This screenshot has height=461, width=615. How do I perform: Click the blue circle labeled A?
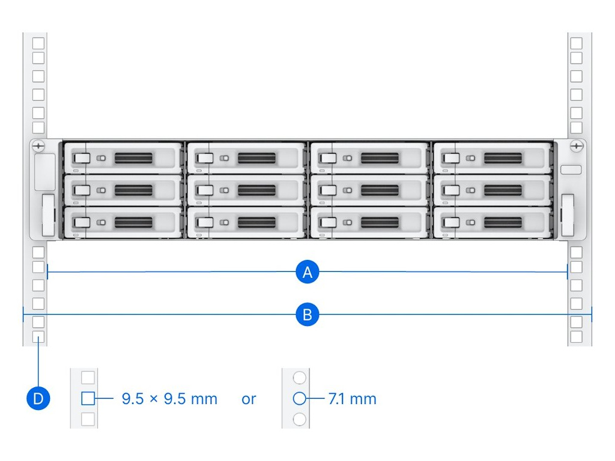coord(307,272)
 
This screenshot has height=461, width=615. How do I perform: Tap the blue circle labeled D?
coord(38,399)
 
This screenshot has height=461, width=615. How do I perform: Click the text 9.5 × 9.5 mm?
coord(169,399)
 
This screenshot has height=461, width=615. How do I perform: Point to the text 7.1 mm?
coord(353,399)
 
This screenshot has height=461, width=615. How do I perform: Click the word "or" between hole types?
coord(249,399)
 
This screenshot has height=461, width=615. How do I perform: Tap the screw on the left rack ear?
coord(38,146)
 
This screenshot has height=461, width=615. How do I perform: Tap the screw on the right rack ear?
coord(576,146)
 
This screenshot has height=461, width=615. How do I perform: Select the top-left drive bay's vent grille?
coord(133,158)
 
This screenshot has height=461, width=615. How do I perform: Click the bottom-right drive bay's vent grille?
coord(503,223)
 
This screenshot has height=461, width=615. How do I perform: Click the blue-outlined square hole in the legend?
coord(88,398)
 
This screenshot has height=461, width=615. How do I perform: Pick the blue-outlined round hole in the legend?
coord(299,398)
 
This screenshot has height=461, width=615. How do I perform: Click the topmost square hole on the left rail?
coord(38,44)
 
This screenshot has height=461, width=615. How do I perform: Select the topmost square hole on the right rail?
coord(576,44)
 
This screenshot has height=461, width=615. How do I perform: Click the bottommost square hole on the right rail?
coord(576,337)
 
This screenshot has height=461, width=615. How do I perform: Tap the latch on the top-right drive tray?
coord(451,158)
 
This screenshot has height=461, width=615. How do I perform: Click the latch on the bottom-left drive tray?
coord(81,223)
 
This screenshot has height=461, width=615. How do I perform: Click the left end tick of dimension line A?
coord(47,272)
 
